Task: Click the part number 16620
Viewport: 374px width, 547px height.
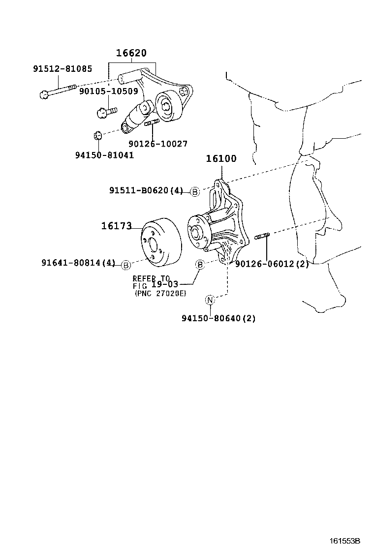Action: point(131,53)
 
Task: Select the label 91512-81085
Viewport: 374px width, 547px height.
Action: point(62,69)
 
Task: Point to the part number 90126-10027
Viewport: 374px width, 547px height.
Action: point(158,144)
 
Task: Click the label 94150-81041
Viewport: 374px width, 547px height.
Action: point(104,155)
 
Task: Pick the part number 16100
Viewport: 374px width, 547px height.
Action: point(221,158)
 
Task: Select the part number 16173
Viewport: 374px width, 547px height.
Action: point(117,226)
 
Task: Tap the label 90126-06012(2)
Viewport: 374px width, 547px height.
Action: point(272,264)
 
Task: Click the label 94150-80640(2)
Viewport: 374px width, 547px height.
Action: point(219,318)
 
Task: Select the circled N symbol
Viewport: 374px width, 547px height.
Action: point(210,300)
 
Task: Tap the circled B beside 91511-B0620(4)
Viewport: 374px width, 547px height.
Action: point(195,192)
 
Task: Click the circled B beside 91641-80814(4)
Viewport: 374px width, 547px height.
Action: point(125,265)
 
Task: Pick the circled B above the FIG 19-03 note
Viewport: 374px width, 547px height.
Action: point(200,265)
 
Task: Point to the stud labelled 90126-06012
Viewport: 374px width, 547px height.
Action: point(261,238)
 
